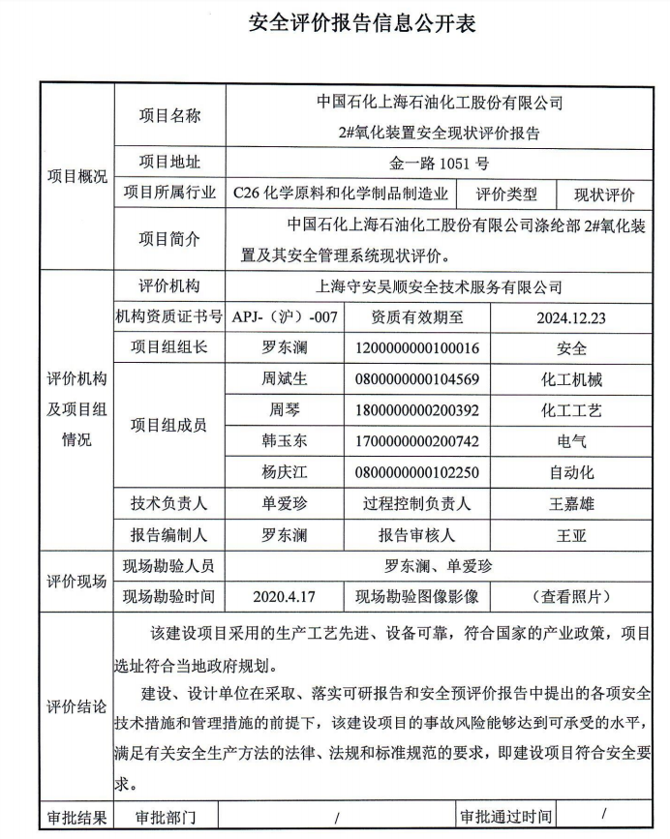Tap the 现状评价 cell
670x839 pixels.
(x=604, y=194)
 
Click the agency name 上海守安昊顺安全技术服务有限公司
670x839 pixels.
(x=440, y=286)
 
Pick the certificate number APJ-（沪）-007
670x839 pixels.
(x=285, y=316)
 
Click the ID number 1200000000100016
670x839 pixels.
(x=417, y=348)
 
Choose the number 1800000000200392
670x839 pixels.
(x=417, y=410)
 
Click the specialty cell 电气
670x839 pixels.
(x=571, y=441)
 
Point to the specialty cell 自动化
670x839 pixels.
(x=571, y=472)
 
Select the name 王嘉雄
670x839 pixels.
(x=571, y=503)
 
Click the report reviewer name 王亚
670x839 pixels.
(x=571, y=534)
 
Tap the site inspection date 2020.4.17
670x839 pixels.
(x=285, y=596)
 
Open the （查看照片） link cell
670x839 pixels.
(x=571, y=596)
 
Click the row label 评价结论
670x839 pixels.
(x=76, y=707)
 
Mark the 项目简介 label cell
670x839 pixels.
(x=169, y=239)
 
